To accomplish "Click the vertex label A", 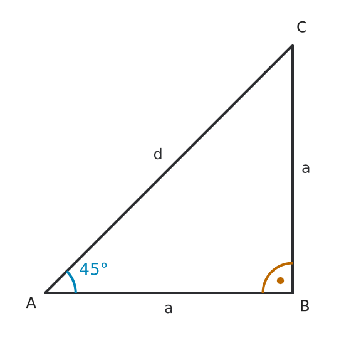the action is [31, 302].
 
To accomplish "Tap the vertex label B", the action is [305, 306].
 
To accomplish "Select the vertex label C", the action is [301, 27].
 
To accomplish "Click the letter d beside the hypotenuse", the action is [158, 154].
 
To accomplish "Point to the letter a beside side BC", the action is [306, 168].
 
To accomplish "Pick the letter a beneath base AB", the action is [169, 309].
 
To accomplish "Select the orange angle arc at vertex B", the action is [271, 272].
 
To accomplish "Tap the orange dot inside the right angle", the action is [280, 280].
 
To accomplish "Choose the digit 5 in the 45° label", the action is [95, 269].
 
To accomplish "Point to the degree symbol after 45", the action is [104, 266].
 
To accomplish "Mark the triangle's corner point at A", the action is [45, 293].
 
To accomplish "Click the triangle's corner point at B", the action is [293, 293].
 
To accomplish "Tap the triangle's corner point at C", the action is [293, 45].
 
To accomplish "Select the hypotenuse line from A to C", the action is [169, 169].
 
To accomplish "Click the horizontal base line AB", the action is [169, 293].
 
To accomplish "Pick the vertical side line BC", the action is [293, 169].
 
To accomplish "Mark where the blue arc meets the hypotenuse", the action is [67, 272].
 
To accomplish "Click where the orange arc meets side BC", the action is [293, 263].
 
